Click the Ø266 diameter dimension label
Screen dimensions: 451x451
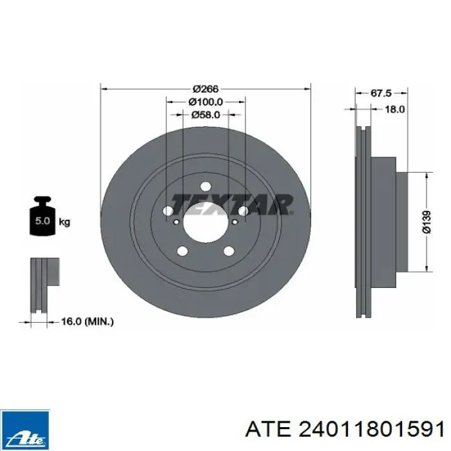[206, 89]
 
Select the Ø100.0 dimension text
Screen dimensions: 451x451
[206, 102]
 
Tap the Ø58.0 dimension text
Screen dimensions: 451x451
[206, 115]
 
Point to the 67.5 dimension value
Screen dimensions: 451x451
[381, 93]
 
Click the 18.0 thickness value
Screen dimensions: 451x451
[395, 109]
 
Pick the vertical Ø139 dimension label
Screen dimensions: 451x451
[427, 222]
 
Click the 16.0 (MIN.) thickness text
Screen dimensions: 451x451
[88, 321]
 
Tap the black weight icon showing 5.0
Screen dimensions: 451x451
[43, 216]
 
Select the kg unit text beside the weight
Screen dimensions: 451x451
[64, 222]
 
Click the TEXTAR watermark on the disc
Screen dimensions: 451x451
[232, 204]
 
